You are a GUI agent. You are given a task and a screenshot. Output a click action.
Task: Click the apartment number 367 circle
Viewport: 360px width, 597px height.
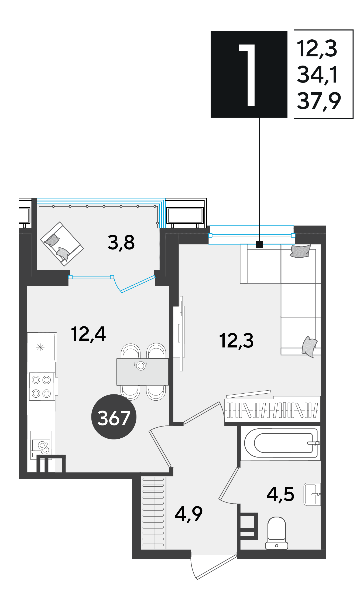(114, 417)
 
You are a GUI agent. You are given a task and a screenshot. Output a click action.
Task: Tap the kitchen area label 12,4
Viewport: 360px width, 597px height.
(88, 334)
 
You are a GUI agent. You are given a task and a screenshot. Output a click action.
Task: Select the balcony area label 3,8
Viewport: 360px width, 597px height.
(121, 242)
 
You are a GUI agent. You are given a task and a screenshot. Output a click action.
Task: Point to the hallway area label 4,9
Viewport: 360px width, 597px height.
(189, 514)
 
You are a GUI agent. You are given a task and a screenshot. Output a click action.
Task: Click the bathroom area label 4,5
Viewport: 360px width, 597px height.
(280, 494)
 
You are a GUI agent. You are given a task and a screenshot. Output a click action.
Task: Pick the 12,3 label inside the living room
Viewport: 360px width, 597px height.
(236, 340)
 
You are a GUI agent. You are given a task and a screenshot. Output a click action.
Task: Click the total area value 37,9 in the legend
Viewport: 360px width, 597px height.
(319, 101)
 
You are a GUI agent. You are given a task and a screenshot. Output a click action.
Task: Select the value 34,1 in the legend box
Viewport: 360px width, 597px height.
(317, 75)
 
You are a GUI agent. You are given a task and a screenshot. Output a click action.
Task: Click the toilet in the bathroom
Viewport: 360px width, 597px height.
(277, 533)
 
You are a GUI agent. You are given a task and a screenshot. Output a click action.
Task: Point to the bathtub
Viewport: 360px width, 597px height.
(280, 443)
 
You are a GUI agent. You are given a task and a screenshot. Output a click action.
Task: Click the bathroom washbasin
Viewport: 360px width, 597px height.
(312, 494)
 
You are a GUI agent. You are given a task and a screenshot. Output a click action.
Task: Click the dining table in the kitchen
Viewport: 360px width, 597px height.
(143, 372)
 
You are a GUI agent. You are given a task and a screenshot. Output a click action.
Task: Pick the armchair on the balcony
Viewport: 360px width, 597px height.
(62, 244)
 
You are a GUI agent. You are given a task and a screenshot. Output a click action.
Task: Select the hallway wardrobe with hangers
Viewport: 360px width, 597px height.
(153, 513)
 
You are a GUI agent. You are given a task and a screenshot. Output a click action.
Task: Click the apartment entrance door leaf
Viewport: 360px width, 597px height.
(217, 567)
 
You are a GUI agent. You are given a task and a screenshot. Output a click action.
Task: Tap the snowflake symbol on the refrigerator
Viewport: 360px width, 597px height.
(40, 347)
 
